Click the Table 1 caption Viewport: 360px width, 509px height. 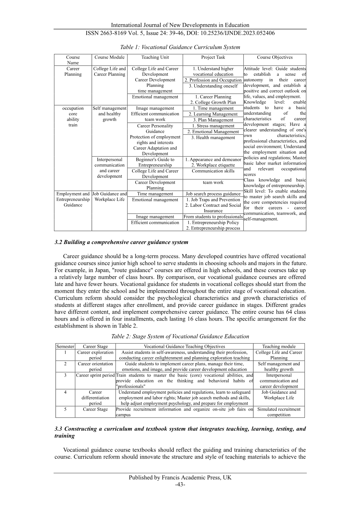point(180,47)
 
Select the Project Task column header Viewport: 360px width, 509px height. point(213,57)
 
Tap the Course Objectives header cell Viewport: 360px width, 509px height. point(275,57)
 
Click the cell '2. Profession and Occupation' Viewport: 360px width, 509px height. point(213,80)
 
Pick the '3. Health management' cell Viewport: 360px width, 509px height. point(213,138)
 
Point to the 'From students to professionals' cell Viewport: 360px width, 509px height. point(213,217)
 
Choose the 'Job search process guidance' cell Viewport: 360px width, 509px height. point(213,194)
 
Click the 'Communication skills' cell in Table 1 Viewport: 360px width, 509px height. point(213,171)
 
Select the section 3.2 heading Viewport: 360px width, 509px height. point(121,242)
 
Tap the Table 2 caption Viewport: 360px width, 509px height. point(180,337)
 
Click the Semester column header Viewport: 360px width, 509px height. point(65,346)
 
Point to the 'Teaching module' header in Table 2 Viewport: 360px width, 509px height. point(279,346)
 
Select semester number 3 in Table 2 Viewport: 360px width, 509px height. point(65,375)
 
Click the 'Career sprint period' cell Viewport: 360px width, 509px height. point(95,375)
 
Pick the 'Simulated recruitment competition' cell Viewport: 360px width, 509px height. point(279,412)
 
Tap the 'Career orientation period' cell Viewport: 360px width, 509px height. point(95,366)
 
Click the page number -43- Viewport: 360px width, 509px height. point(180,484)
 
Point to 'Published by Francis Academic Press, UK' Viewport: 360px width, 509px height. point(180,477)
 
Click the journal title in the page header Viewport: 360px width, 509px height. point(180,25)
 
